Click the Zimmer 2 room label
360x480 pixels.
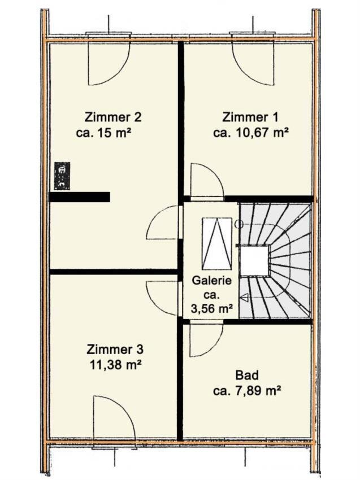click(x=113, y=117)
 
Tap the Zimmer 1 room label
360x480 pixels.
click(x=250, y=117)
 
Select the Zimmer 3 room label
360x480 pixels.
click(x=115, y=350)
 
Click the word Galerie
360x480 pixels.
click(x=212, y=281)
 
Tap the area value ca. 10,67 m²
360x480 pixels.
click(x=251, y=133)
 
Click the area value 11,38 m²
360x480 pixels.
click(x=115, y=365)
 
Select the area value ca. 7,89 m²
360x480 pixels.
click(x=247, y=391)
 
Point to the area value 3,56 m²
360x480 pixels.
click(x=211, y=309)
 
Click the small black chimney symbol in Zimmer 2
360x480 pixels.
click(x=62, y=176)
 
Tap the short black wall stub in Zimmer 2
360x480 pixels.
click(x=79, y=197)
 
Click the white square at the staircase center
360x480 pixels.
click(x=254, y=261)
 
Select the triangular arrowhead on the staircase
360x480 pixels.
click(x=245, y=298)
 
